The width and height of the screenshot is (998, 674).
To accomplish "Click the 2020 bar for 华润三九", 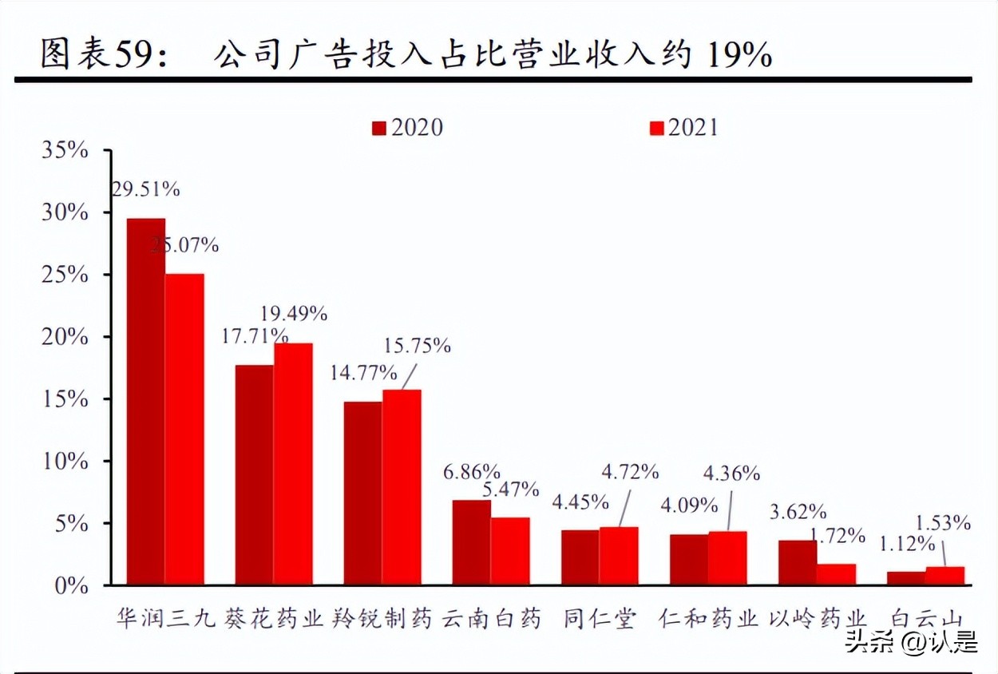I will pyautogui.click(x=146, y=402).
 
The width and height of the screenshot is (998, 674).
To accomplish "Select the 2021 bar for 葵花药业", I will pyautogui.click(x=293, y=464).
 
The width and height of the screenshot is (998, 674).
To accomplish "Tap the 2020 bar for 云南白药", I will pyautogui.click(x=471, y=543).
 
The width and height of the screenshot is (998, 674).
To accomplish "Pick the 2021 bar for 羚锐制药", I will pyautogui.click(x=402, y=487).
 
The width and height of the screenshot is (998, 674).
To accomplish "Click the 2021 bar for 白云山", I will pyautogui.click(x=945, y=577).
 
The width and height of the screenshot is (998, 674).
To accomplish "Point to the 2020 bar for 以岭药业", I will pyautogui.click(x=797, y=563).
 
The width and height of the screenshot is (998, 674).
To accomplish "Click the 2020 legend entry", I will pyautogui.click(x=407, y=128).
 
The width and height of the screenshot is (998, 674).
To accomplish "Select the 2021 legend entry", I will pyautogui.click(x=683, y=128).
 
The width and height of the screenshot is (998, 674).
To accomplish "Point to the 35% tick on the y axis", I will pyautogui.click(x=65, y=150).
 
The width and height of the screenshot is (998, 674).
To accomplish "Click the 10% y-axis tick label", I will pyautogui.click(x=65, y=462).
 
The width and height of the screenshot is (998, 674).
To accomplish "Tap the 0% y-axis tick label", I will pyautogui.click(x=72, y=586).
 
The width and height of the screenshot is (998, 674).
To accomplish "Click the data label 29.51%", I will pyautogui.click(x=146, y=189).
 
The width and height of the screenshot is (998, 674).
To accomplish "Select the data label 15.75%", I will pyautogui.click(x=417, y=346).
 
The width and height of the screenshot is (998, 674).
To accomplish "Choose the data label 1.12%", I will pyautogui.click(x=907, y=544).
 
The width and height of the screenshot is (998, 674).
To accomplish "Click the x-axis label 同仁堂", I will pyautogui.click(x=600, y=619).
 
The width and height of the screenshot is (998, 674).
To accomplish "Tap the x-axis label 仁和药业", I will pyautogui.click(x=708, y=619).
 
